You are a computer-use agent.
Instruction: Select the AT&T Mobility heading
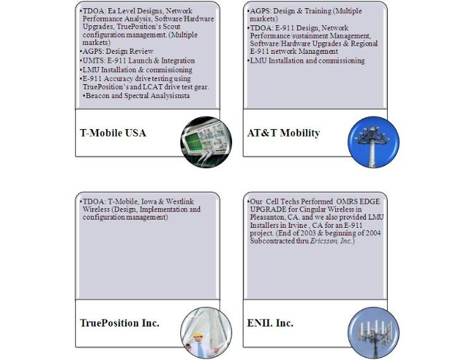coord(283,133)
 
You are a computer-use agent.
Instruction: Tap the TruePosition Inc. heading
coord(120,323)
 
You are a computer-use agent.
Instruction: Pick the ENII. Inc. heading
coord(270,323)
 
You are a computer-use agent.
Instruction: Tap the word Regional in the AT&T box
coord(361,44)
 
